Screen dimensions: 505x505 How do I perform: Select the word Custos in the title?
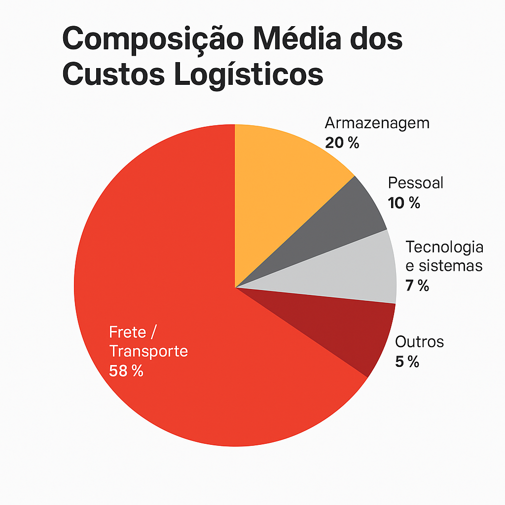(x=111, y=74)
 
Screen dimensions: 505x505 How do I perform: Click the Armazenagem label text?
(x=377, y=123)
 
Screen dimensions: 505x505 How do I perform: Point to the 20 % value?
(x=342, y=143)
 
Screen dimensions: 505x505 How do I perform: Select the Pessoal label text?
(x=416, y=182)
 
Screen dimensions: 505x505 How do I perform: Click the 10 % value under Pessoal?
(x=404, y=203)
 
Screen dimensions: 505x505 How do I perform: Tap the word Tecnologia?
(x=444, y=246)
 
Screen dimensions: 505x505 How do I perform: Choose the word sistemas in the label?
(x=450, y=266)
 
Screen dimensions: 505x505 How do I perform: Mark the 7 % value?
(x=417, y=286)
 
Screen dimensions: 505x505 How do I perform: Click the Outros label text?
(x=419, y=341)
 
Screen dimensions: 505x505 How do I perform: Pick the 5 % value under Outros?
(x=407, y=362)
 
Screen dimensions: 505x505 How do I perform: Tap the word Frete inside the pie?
(x=128, y=332)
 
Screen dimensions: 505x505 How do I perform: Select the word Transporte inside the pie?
(x=148, y=351)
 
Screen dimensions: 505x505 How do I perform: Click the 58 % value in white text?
(x=126, y=371)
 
